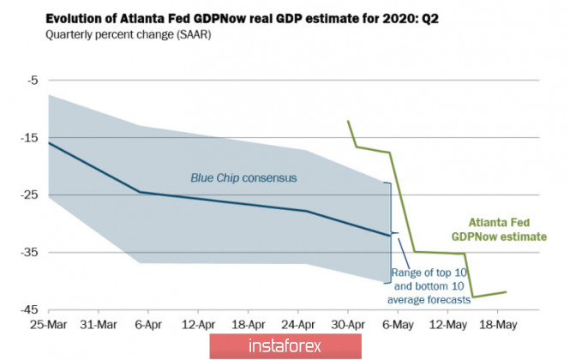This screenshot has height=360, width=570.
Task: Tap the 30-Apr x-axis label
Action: [347, 326]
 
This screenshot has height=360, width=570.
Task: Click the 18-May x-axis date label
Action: [498, 326]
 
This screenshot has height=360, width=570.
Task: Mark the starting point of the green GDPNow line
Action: [348, 121]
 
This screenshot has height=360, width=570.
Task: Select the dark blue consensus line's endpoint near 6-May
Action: [390, 235]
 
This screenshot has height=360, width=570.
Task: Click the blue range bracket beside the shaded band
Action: [392, 232]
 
